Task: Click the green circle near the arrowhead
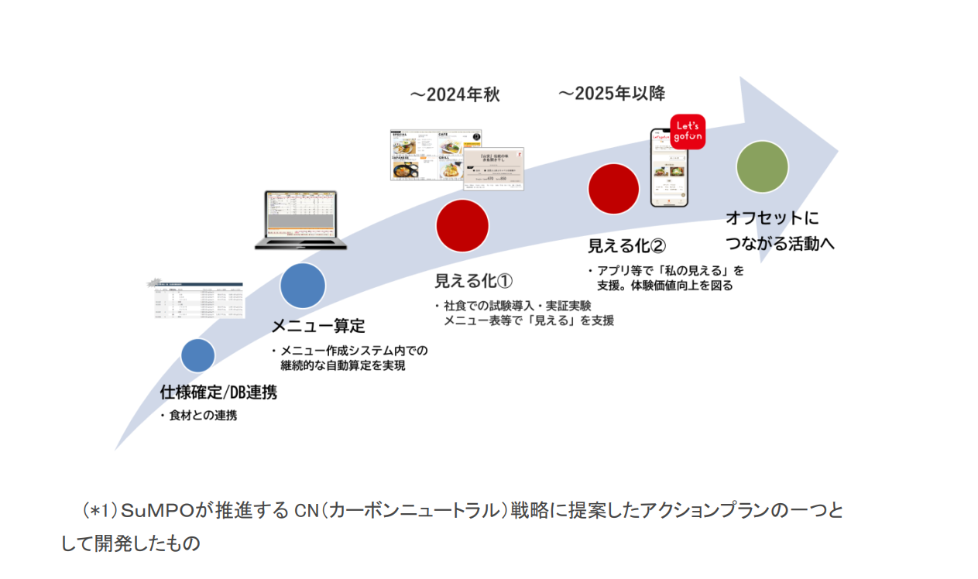762,166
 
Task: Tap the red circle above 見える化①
462,225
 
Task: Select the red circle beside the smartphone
613,189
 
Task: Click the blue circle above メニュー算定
303,286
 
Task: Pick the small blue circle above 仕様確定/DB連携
198,355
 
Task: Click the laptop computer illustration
301,220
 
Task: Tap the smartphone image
668,168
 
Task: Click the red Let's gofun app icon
688,132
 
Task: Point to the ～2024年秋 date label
455,94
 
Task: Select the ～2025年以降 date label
612,94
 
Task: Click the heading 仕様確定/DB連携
218,392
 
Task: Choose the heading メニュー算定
318,326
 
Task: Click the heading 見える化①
474,280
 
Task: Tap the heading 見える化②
626,245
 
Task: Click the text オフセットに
772,218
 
